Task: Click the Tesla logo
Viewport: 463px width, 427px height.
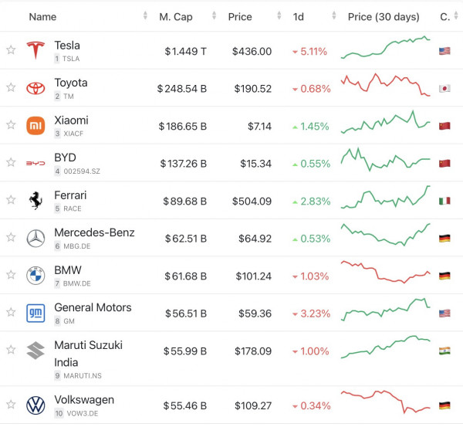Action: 35,51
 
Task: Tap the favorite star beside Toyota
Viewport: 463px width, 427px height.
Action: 11,88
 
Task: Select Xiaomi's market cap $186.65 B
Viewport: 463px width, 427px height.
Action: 183,126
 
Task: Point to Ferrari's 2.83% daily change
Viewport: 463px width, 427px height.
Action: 311,202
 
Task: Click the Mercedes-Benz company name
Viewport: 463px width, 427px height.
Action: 94,232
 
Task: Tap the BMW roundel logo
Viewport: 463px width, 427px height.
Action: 35,276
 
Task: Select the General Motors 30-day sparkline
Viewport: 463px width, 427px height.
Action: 386,311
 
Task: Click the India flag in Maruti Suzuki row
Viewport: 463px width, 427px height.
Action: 444,351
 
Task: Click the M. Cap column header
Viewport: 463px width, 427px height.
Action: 176,16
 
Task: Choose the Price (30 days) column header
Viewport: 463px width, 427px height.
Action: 384,16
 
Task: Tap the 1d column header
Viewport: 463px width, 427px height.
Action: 299,16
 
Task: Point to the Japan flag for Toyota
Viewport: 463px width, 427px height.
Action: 444,89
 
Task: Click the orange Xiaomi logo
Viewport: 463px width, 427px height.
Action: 35,126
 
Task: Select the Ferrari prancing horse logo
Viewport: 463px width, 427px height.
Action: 35,201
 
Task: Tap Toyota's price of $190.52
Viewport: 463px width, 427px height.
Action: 252,89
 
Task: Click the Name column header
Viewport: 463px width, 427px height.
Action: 42,16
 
